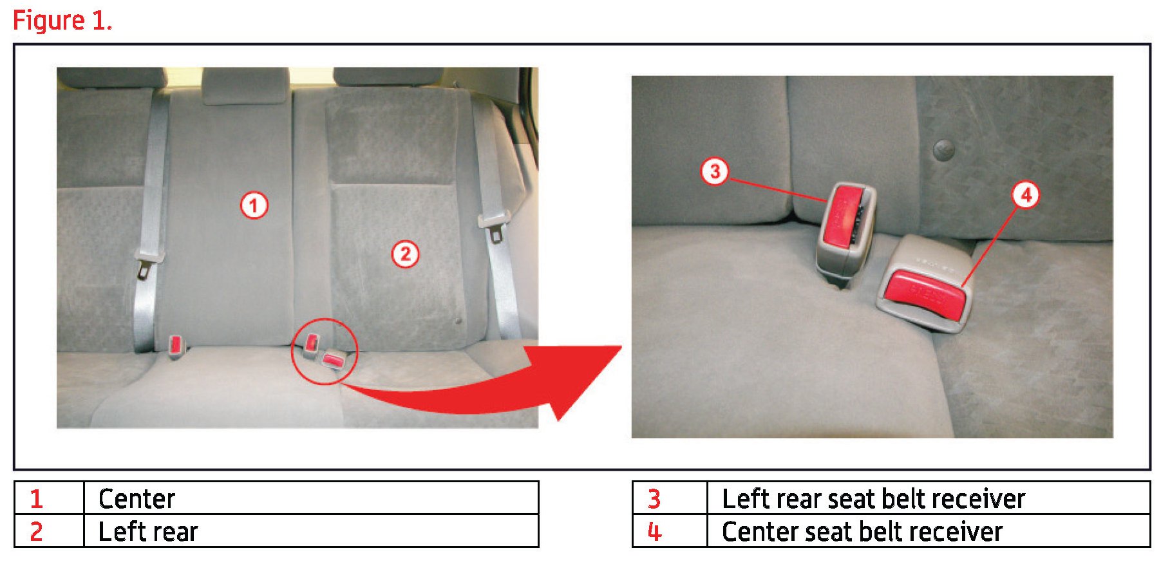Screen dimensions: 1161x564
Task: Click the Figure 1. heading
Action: pyautogui.click(x=62, y=21)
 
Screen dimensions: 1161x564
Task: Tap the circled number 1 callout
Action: pyautogui.click(x=254, y=205)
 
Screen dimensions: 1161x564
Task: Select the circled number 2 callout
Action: pyautogui.click(x=405, y=254)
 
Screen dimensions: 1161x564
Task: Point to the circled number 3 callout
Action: pyautogui.click(x=714, y=171)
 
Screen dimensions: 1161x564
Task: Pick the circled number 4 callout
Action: pyautogui.click(x=1026, y=194)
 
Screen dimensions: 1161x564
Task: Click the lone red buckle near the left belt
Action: pyautogui.click(x=176, y=346)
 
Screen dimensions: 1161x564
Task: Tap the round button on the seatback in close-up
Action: pyautogui.click(x=944, y=150)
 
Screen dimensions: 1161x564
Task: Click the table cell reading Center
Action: pyautogui.click(x=311, y=498)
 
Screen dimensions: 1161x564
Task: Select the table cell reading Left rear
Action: pyautogui.click(x=311, y=531)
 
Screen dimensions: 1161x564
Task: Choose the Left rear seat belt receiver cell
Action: pyautogui.click(x=929, y=498)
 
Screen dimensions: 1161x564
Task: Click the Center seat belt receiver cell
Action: pyautogui.click(x=929, y=531)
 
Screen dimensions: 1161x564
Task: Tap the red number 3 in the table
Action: pyautogui.click(x=654, y=499)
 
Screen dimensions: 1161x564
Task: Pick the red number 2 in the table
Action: pyautogui.click(x=36, y=531)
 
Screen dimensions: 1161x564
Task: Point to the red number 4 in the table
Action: pyautogui.click(x=654, y=532)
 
